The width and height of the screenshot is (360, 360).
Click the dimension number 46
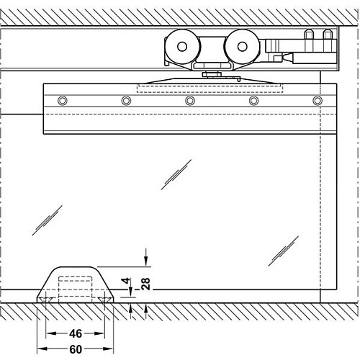76,333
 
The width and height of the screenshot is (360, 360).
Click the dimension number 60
76,349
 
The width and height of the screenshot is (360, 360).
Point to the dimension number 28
145,284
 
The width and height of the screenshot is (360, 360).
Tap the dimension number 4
126,280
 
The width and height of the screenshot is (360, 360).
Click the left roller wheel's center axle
182,47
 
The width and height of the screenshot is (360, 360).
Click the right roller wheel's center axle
242,47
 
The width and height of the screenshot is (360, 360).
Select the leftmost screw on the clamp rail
63,101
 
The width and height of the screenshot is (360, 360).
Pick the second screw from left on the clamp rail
126,101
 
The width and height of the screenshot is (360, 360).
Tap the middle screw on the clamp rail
190,101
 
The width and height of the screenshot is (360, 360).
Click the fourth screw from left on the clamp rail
253,101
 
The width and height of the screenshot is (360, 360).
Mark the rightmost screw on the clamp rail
318,101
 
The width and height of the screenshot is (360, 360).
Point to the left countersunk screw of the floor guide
47,300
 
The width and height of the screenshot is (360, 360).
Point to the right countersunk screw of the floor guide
104,300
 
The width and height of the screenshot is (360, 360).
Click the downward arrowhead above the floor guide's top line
145,261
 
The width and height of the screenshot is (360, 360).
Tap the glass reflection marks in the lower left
48,220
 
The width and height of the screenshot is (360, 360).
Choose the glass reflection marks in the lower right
284,251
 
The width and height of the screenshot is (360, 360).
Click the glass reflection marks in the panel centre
176,174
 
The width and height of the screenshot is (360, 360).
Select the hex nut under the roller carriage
211,74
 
